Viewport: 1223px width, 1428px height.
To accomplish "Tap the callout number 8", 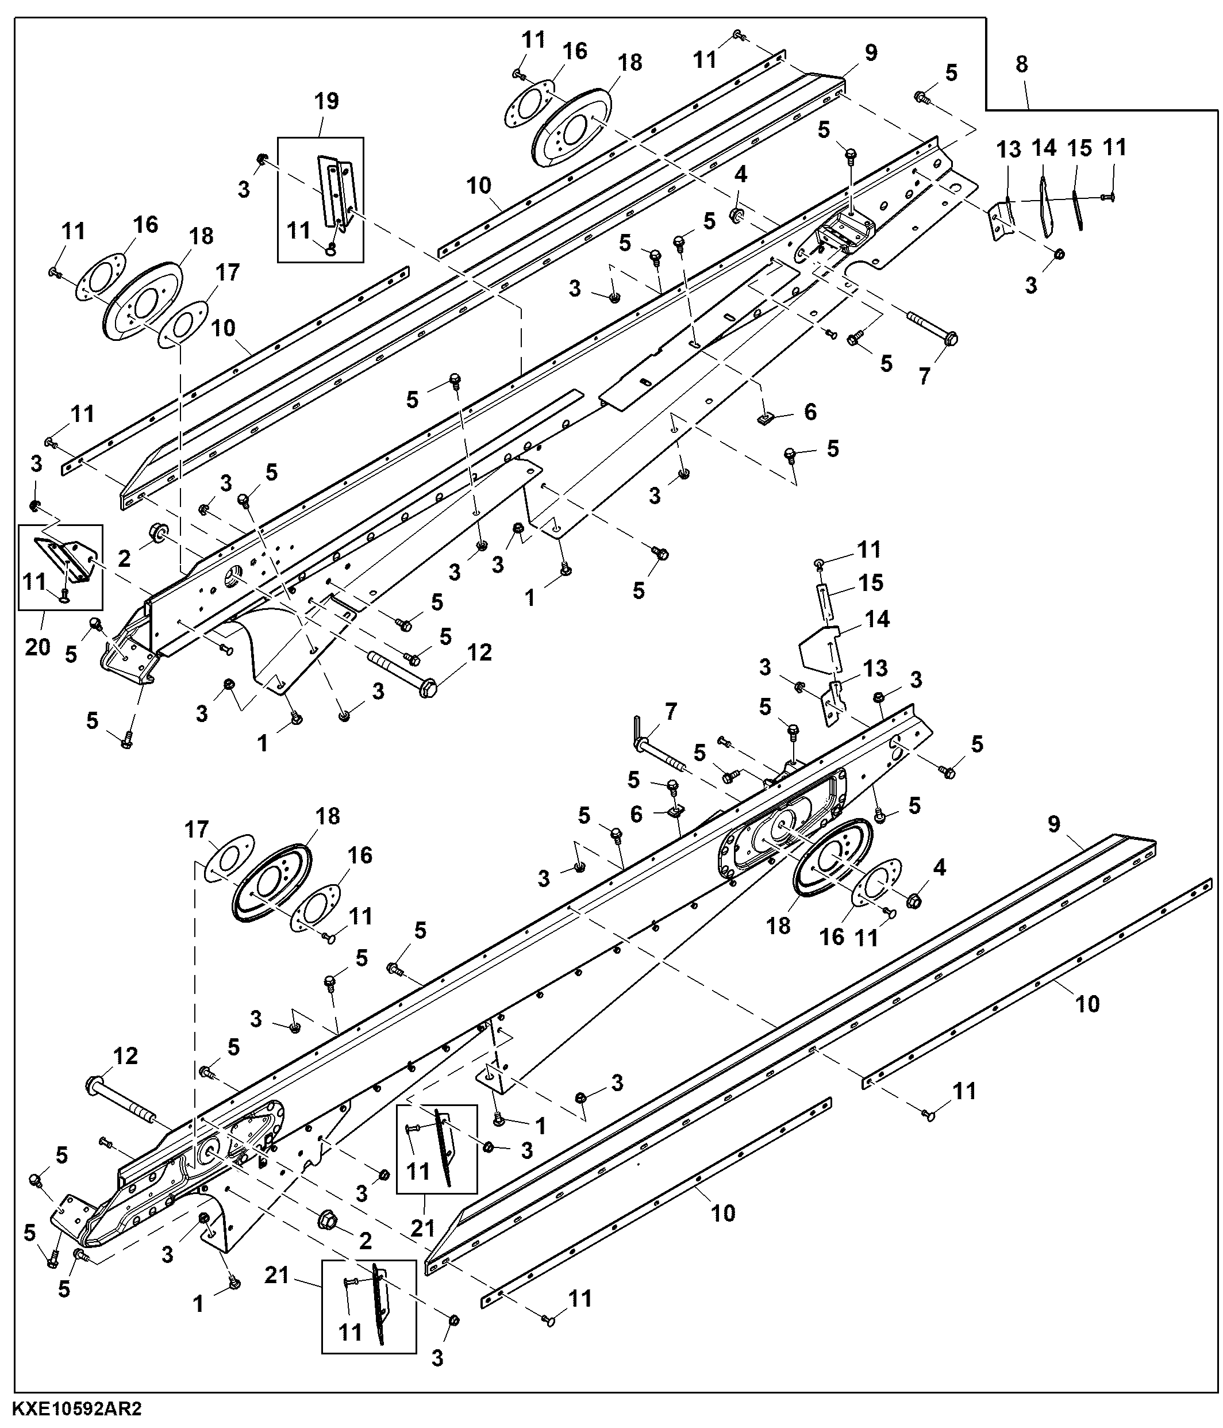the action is [1021, 64].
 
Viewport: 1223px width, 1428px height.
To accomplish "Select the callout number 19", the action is [326, 101].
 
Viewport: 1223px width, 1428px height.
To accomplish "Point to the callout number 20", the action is [38, 647].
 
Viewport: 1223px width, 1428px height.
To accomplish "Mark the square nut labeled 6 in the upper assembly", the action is [764, 417].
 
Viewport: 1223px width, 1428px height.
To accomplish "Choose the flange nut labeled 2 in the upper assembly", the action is [156, 533].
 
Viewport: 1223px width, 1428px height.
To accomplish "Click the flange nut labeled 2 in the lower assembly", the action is [327, 1220].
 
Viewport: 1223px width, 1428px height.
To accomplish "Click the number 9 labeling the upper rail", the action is [871, 53].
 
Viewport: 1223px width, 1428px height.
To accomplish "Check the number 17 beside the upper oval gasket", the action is [228, 272].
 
